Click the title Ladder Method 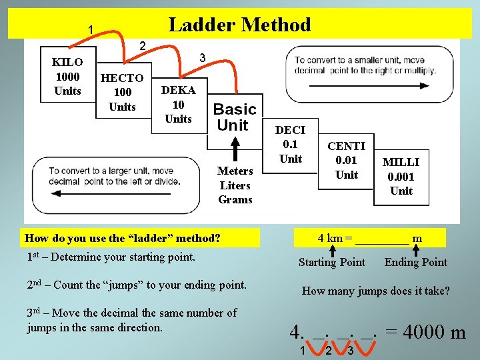pos(239,25)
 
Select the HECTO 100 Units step pos(122,92)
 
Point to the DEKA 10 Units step pos(178,105)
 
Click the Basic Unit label pos(234,117)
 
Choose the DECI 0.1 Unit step pos(290,145)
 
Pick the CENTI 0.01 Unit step pos(347,161)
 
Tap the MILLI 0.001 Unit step pos(401,176)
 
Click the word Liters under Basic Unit pos(235,185)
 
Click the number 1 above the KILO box pos(90,29)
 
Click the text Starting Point pos(331,262)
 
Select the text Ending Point pos(415,262)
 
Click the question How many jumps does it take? pos(375,291)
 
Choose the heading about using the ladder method pos(122,238)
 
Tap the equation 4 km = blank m pos(370,238)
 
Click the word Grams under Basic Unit pos(235,199)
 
